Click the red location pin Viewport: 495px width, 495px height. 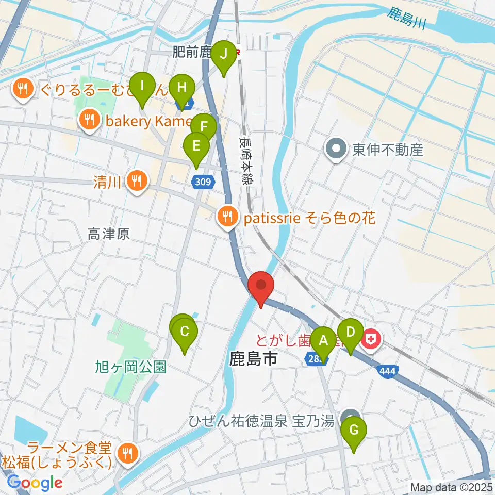261,286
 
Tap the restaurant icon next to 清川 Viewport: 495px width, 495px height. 137,180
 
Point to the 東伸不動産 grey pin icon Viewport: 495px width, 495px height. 336,150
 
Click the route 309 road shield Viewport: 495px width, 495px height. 202,180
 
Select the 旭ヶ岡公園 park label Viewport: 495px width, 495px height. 130,367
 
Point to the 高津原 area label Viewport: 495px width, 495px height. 108,235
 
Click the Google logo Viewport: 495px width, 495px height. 35,483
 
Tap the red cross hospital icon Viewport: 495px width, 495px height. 370,339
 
